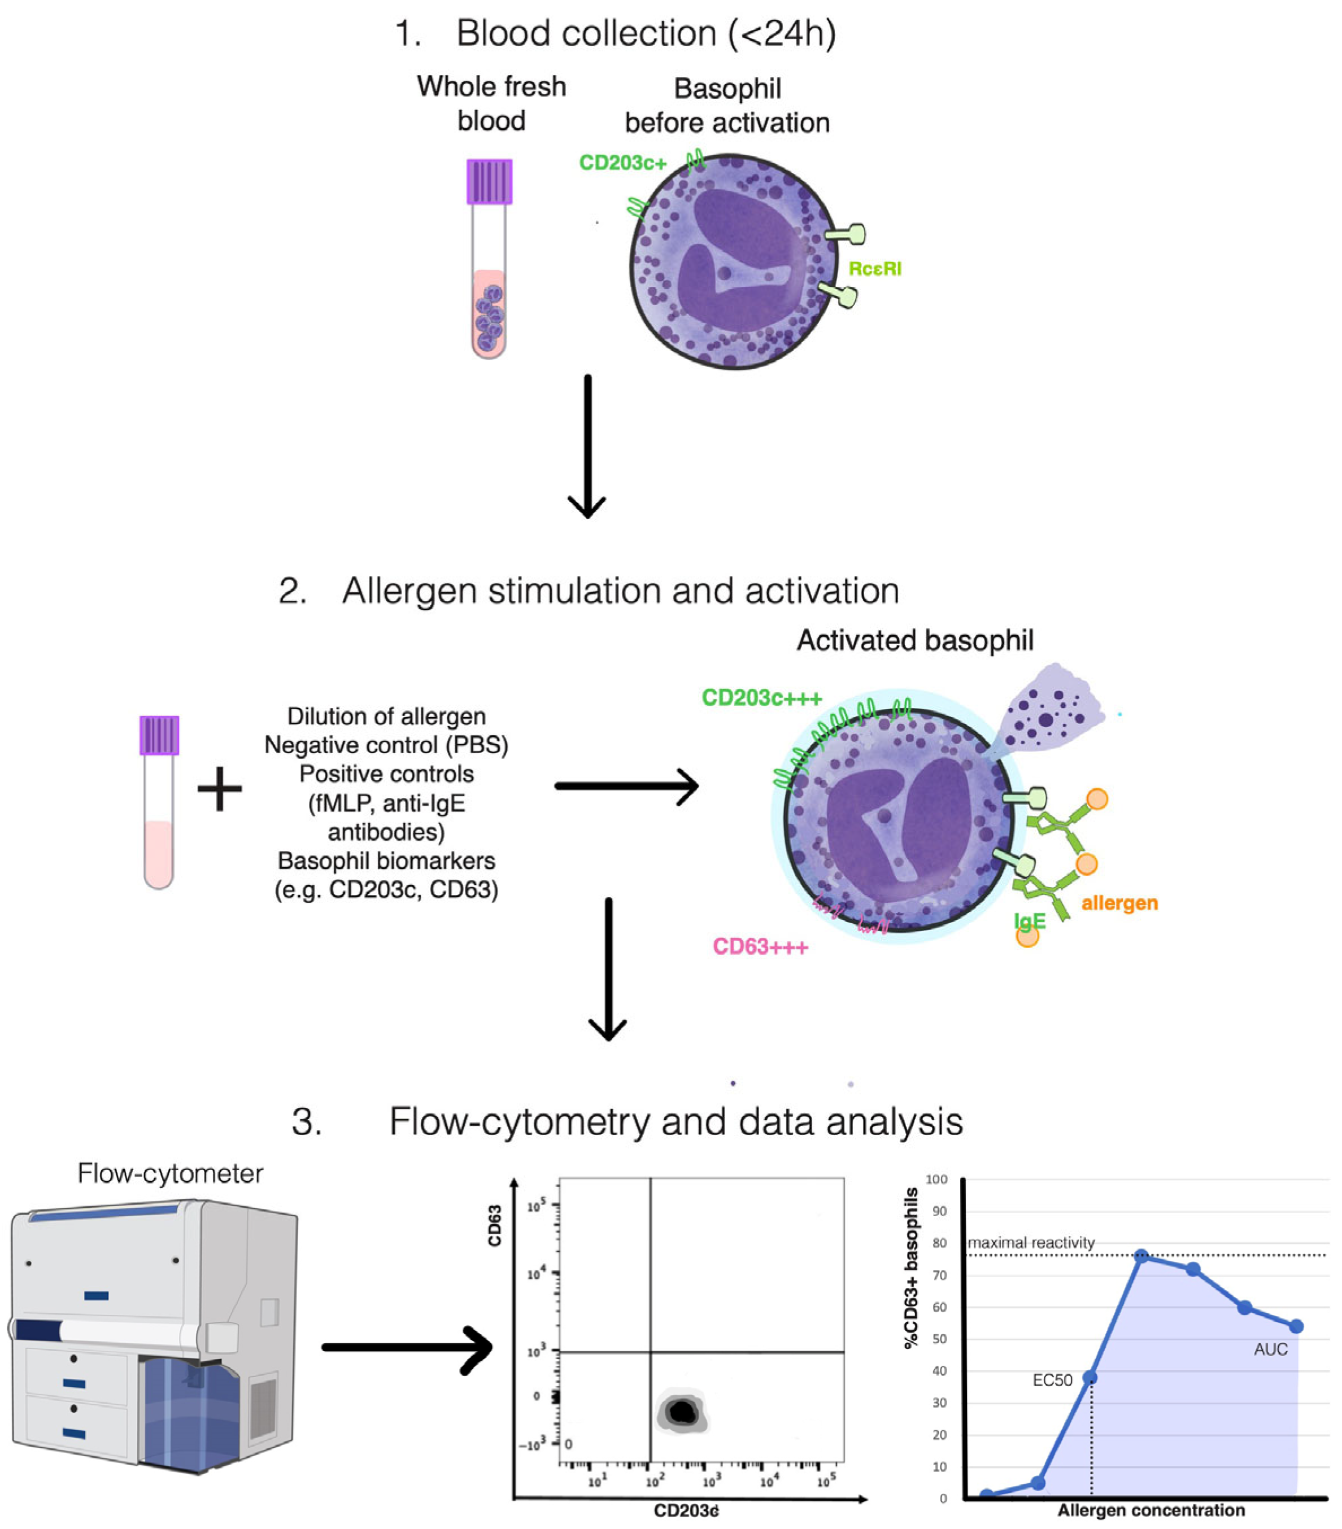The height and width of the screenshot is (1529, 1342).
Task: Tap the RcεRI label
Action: point(874,269)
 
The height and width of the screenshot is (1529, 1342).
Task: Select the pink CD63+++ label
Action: point(760,947)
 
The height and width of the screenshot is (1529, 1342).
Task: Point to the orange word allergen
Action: point(1119,903)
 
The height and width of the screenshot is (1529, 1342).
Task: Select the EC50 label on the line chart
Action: point(1052,1380)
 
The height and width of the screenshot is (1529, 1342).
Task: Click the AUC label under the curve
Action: point(1270,1349)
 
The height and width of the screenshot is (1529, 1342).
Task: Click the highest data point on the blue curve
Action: point(1141,1256)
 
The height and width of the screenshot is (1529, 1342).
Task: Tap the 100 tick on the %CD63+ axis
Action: point(935,1179)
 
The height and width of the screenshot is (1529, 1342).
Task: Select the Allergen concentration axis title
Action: point(1151,1510)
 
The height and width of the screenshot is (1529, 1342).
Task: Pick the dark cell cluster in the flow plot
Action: point(681,1412)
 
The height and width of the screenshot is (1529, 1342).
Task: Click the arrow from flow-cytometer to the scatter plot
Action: point(407,1348)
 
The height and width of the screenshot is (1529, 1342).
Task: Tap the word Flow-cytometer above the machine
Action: point(170,1173)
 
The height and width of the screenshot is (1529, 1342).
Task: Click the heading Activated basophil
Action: point(914,640)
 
